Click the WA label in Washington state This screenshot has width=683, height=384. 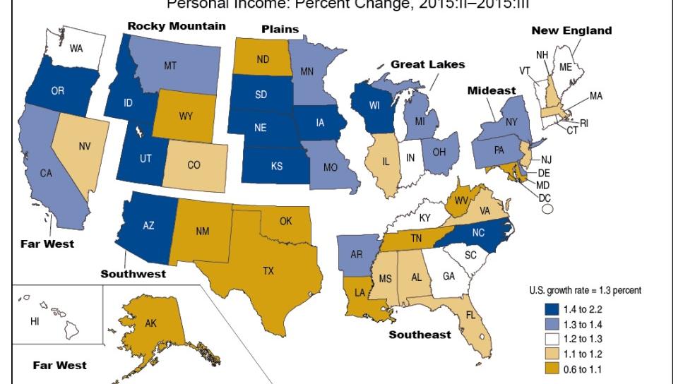tap(76, 49)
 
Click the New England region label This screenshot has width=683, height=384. tap(571, 30)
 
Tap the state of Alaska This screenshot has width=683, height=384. tap(152, 324)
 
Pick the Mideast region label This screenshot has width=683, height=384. tap(492, 91)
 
